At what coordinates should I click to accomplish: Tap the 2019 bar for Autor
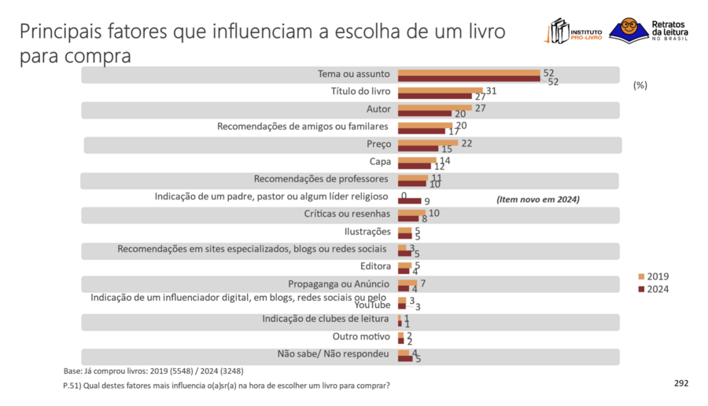pos(435,108)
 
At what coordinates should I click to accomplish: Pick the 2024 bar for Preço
pos(419,148)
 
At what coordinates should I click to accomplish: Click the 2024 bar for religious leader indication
pos(410,201)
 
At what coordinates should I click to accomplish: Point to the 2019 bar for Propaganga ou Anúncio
pos(407,283)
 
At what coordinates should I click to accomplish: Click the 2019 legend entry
pos(653,276)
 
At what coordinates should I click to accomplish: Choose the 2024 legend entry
pos(653,289)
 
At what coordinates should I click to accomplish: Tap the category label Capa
pos(379,162)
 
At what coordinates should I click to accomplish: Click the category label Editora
pos(375,266)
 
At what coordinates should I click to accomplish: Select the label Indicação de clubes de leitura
pos(326,319)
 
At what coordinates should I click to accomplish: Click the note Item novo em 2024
pos(538,199)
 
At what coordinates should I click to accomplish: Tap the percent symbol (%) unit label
pos(640,85)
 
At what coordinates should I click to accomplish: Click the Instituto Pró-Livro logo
pos(574,32)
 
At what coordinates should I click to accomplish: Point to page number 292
pos(681,383)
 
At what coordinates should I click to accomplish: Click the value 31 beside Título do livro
pos(491,91)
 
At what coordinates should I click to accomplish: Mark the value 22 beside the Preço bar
pos(466,143)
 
